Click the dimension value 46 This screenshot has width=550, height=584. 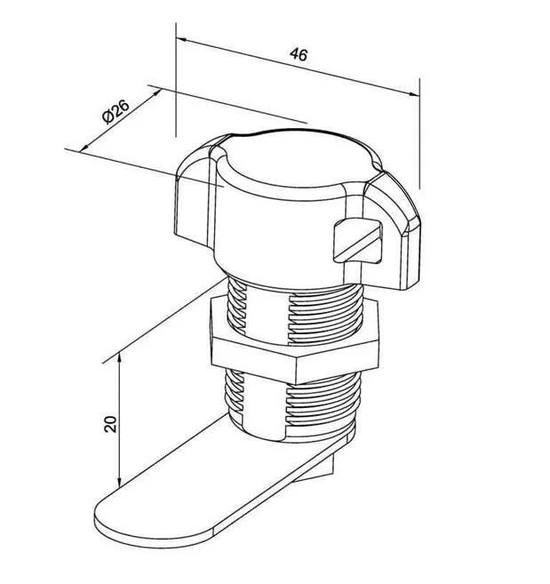click(299, 54)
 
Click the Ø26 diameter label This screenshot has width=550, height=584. click(116, 111)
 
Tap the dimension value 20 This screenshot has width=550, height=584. click(110, 424)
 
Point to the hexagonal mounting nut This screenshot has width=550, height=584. click(294, 340)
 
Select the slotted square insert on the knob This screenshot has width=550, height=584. click(357, 242)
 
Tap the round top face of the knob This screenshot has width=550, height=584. click(298, 159)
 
